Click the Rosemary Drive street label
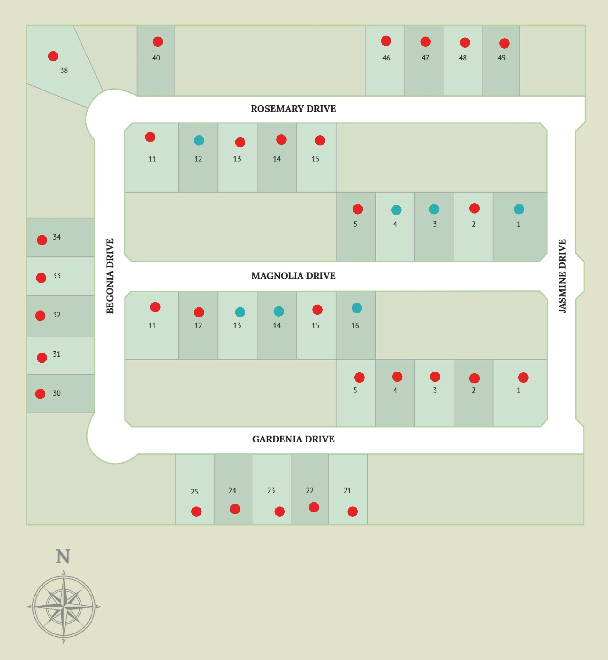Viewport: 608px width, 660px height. [293, 109]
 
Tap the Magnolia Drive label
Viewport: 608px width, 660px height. [293, 276]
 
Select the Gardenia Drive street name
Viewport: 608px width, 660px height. [293, 439]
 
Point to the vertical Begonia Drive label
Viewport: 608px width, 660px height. [110, 276]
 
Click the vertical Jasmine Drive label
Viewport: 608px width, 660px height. [562, 276]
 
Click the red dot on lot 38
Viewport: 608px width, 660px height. [53, 56]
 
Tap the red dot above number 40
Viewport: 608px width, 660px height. [157, 42]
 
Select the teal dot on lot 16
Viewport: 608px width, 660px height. [356, 308]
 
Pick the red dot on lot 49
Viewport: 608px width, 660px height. [504, 43]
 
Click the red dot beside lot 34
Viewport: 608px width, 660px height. [42, 240]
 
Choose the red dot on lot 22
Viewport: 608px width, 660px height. [313, 507]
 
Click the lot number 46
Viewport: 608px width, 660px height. [386, 58]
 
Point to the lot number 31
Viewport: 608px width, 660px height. [56, 354]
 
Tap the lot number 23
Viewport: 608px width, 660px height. [271, 490]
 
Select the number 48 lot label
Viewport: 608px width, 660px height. [463, 58]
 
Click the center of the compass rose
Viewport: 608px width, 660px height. [64, 606]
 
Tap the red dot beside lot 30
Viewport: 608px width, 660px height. [40, 394]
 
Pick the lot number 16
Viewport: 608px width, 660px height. [355, 325]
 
